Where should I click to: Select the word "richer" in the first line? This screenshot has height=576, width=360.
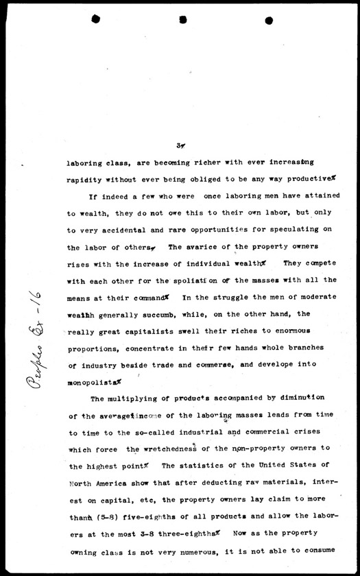(190, 163)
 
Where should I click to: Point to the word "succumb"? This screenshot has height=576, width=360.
(169, 314)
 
